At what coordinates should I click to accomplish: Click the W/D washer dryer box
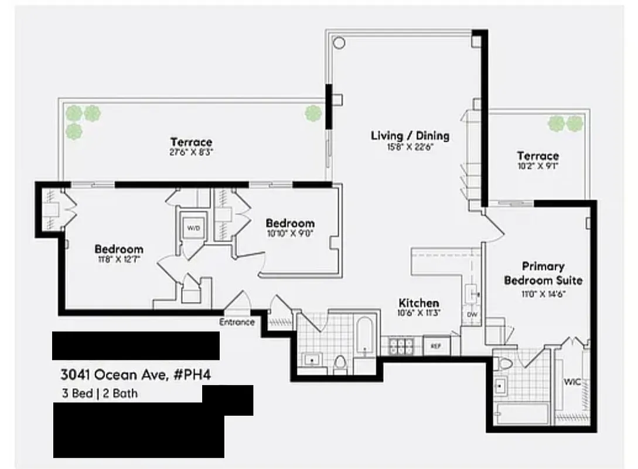click(x=192, y=227)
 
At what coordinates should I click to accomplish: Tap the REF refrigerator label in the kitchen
click(x=435, y=346)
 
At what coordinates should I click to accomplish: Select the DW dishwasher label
click(x=472, y=315)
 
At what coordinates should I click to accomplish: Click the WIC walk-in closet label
click(x=572, y=382)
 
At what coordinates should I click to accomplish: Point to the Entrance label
click(x=237, y=322)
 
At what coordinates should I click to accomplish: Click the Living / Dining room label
click(x=410, y=135)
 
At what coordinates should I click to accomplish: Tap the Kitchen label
click(x=418, y=303)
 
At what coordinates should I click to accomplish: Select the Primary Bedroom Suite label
click(x=543, y=273)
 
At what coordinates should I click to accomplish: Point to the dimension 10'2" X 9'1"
click(x=537, y=166)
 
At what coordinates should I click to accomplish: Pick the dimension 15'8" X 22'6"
click(x=410, y=147)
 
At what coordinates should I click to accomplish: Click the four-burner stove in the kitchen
click(x=401, y=346)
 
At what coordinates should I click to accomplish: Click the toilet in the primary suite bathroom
click(x=504, y=363)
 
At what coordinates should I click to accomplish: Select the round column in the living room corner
click(x=340, y=43)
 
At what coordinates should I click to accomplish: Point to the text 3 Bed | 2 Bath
click(x=99, y=393)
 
